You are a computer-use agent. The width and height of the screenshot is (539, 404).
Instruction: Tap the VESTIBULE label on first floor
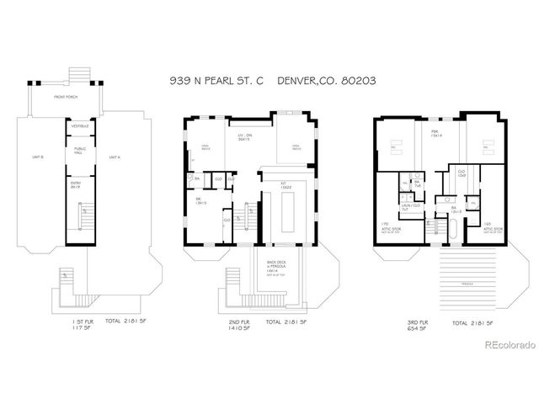tap(80, 126)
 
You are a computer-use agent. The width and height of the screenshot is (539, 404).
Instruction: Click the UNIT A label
tap(115, 157)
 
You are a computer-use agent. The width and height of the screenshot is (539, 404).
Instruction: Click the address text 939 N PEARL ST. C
tap(217, 80)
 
